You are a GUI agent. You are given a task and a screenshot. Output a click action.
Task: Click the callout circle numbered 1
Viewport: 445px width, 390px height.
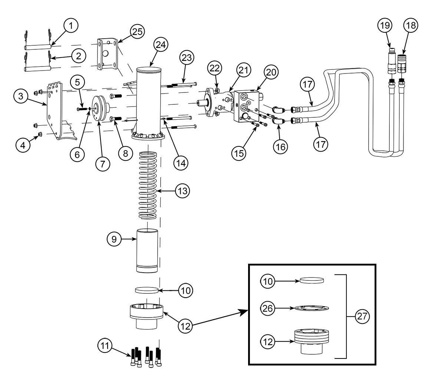[71, 26]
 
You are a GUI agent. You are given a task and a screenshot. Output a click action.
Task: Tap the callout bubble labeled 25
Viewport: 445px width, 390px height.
[138, 32]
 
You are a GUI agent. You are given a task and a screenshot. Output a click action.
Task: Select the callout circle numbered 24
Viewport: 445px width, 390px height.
[161, 45]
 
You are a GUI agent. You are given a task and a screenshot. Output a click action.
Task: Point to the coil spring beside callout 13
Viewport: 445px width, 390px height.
[148, 185]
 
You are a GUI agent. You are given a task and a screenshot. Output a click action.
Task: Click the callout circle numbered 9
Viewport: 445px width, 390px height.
[114, 239]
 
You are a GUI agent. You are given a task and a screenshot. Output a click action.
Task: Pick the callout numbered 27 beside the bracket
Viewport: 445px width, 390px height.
[362, 316]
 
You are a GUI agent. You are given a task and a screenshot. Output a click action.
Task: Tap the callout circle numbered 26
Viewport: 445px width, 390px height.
[267, 308]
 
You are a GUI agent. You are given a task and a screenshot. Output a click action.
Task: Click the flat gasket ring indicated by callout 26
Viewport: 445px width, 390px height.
[311, 308]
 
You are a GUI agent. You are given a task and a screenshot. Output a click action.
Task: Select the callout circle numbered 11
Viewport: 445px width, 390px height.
[105, 345]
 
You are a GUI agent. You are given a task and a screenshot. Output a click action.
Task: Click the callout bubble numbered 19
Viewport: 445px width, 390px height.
[385, 26]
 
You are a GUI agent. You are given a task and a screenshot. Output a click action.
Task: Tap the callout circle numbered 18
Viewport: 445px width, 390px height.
[411, 26]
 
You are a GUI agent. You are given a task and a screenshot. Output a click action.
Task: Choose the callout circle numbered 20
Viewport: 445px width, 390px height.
[271, 72]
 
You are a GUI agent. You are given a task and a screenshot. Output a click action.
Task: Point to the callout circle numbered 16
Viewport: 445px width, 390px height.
[280, 147]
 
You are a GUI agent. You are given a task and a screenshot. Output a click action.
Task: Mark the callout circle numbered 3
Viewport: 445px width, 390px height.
[21, 96]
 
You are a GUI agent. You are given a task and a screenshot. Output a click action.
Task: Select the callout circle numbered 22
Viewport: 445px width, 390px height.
[214, 68]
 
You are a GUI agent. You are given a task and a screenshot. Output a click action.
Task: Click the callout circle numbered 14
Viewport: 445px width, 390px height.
[181, 163]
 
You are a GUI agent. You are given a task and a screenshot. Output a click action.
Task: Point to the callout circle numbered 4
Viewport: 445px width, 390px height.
[23, 145]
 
